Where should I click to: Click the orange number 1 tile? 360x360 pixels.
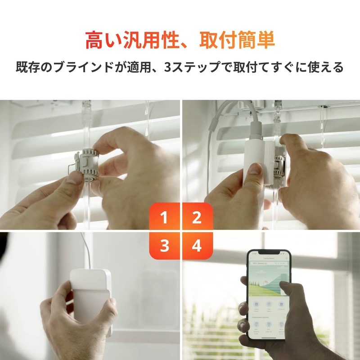pos(164,218)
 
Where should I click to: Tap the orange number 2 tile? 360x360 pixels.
pos(197,218)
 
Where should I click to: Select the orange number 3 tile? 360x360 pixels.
pos(164,246)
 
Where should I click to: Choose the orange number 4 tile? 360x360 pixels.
pos(197,246)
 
